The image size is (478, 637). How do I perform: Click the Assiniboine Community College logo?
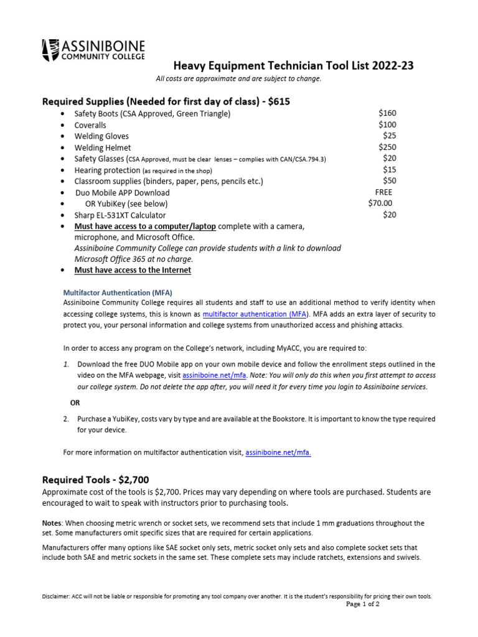coord(93,50)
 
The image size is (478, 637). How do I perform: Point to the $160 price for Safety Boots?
coord(387,113)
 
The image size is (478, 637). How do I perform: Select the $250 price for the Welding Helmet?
coord(387,147)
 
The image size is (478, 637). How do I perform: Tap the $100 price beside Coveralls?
coord(387,124)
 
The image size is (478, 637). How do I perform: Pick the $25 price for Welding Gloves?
coord(390,136)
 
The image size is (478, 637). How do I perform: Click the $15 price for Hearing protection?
coord(390,169)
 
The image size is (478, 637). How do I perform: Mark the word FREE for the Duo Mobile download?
coord(383,192)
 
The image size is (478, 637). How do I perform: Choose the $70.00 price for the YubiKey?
coord(380,203)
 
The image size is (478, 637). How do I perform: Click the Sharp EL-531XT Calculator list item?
coord(124,215)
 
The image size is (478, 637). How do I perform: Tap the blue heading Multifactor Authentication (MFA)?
coord(118,292)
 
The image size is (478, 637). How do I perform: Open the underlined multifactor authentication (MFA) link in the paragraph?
coord(248,314)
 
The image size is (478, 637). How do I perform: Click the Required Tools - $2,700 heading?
coord(95,480)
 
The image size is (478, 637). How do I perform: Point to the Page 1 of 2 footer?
coord(362,604)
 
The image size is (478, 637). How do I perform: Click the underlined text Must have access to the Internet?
coord(133,270)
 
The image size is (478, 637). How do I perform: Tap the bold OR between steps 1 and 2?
coord(75,402)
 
